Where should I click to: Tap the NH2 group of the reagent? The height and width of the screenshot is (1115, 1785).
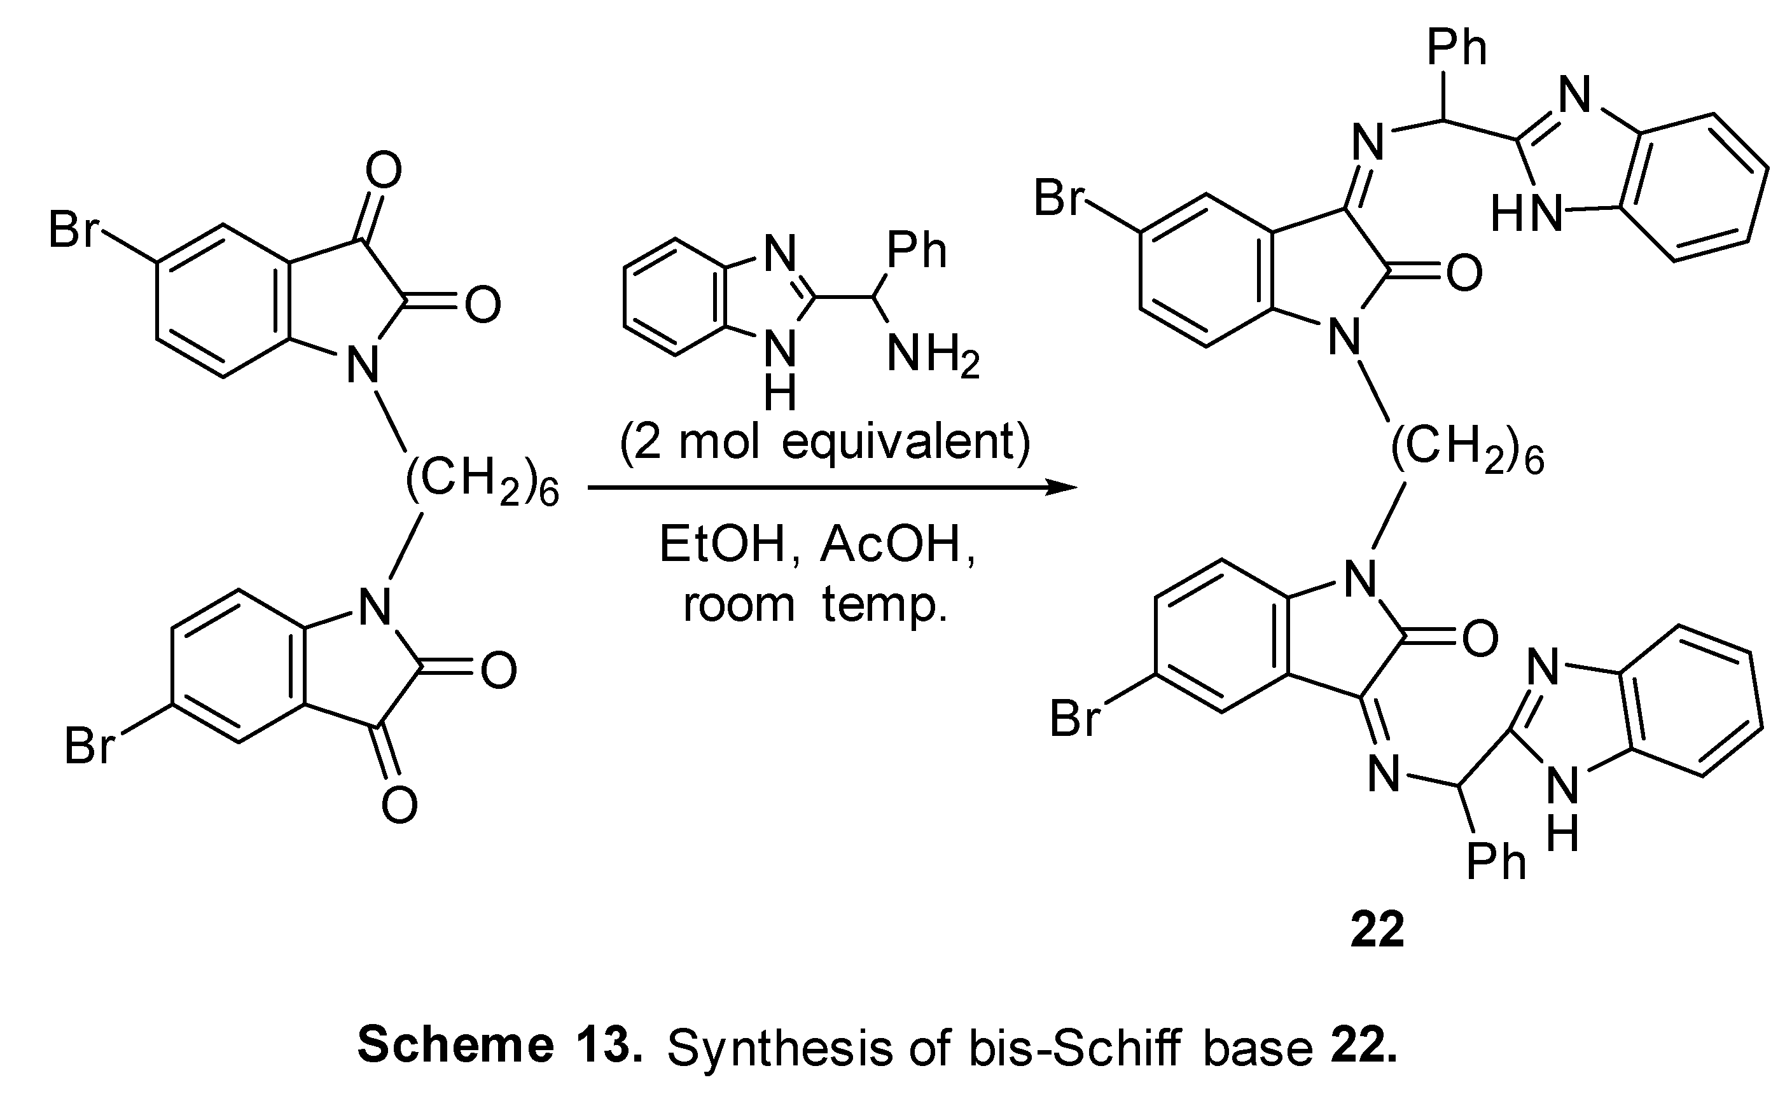932,356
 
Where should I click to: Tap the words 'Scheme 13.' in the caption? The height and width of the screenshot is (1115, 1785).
499,1046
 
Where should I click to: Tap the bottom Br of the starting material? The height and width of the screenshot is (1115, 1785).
88,745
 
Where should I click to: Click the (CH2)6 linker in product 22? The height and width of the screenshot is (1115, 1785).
1467,448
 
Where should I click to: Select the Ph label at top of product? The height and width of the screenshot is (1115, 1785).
1457,48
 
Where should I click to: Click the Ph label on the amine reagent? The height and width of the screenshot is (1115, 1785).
916,251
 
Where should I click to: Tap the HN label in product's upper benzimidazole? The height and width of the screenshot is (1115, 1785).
1525,214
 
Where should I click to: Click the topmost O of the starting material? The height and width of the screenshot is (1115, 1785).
384,170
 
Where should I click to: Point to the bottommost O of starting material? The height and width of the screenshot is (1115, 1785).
399,805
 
